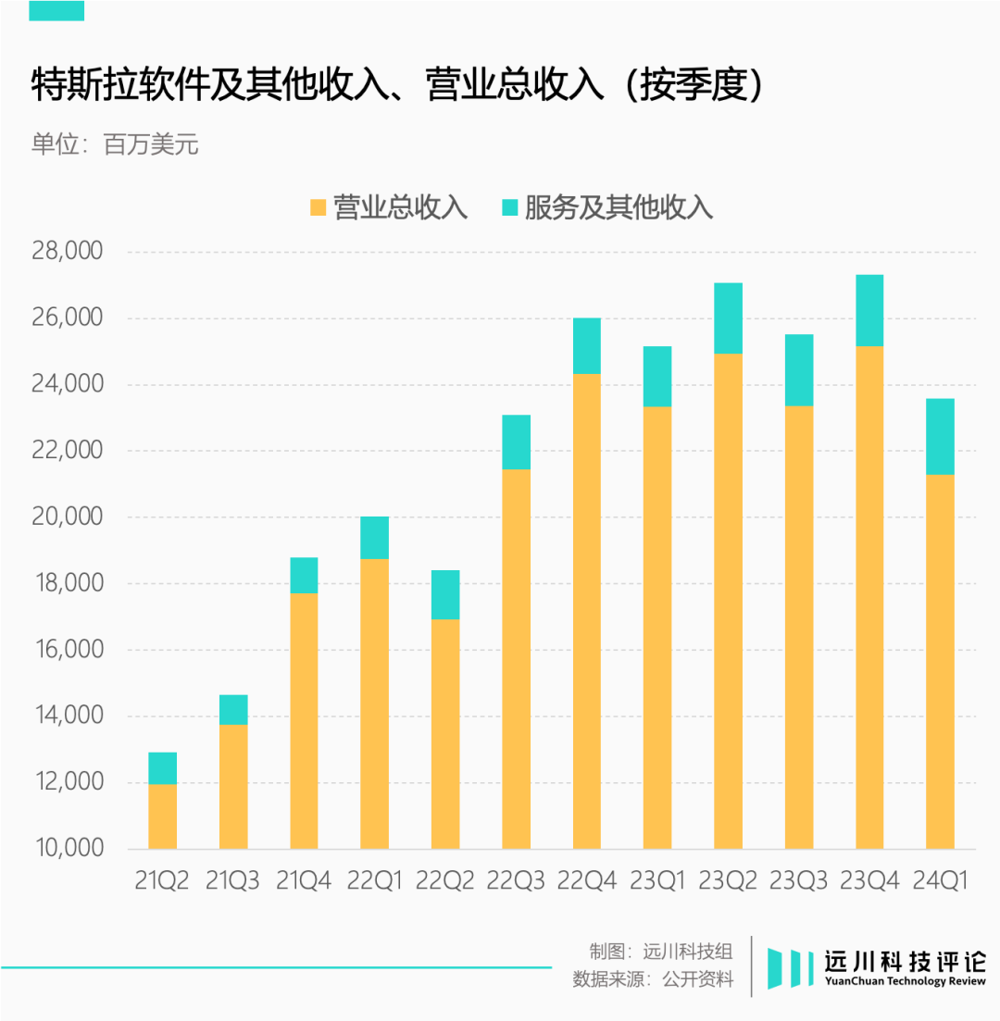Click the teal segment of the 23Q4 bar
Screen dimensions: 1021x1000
coord(869,310)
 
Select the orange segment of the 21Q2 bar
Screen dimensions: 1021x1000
coord(163,816)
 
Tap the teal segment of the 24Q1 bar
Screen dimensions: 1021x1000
coord(940,436)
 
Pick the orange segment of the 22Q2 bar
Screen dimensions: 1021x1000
coord(445,733)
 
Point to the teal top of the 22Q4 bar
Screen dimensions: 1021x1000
coord(587,345)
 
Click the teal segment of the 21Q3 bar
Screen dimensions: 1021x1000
coord(233,709)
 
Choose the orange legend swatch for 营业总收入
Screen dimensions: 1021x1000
coord(319,207)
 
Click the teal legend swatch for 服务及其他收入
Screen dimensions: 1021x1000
coord(510,207)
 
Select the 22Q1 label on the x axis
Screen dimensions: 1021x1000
coord(374,880)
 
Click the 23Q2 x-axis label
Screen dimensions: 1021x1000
coord(727,880)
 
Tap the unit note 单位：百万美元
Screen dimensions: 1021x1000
coord(115,145)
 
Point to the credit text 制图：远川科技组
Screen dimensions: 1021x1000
coord(660,951)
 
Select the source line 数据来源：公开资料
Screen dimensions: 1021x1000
coord(653,979)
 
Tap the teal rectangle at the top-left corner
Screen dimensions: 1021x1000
coord(56,9)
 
